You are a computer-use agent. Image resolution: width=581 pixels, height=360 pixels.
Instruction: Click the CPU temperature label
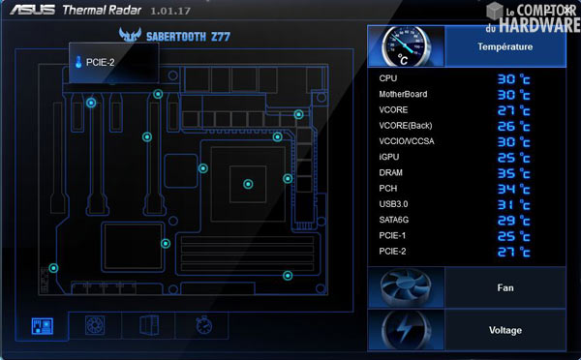(388, 78)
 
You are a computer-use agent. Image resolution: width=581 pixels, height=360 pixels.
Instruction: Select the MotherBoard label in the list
(404, 94)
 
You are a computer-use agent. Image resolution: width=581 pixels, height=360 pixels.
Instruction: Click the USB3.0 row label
(395, 204)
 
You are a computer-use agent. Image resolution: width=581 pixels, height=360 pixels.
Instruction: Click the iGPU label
(389, 157)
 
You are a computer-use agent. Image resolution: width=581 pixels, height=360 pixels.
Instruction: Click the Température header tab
(504, 45)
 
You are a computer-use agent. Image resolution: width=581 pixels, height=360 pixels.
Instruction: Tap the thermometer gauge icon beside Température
(406, 46)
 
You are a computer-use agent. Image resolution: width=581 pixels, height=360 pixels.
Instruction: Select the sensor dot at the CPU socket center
(248, 182)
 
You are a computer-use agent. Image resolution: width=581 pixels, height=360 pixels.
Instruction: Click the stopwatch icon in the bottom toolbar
(202, 325)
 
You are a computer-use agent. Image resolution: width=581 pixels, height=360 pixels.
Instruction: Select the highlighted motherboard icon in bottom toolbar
(42, 325)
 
